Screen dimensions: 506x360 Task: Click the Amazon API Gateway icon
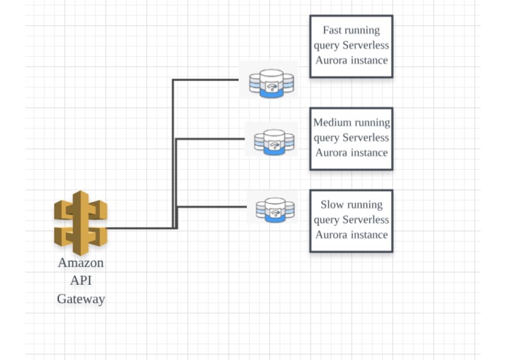pos(81,222)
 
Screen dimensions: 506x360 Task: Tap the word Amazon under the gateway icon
pos(81,262)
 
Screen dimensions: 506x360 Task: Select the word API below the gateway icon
pos(81,281)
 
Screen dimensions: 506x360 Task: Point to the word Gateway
pos(81,299)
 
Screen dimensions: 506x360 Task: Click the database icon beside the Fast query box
pos(272,83)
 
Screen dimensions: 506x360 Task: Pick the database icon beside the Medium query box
pos(274,141)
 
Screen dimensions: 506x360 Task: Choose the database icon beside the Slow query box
pos(275,210)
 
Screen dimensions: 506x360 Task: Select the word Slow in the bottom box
pos(332,204)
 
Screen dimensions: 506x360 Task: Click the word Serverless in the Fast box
pos(365,45)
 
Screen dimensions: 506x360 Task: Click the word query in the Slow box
pos(327,220)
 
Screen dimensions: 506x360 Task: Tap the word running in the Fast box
pos(361,31)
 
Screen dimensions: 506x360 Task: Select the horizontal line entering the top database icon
pos(205,79)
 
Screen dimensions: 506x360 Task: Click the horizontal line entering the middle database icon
pos(210,139)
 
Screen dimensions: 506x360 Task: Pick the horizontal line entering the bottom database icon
pos(212,207)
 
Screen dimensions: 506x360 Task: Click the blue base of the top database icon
pos(272,93)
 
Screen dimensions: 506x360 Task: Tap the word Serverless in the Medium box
pos(365,138)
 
